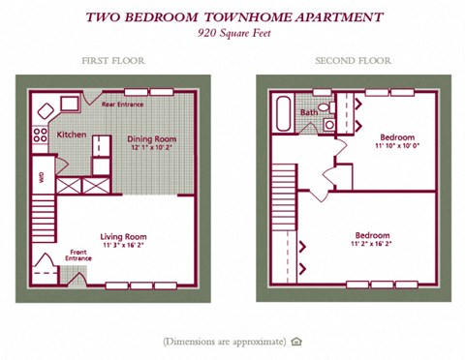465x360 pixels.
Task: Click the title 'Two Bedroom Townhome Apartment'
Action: point(233,16)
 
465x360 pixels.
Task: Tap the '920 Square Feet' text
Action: point(233,32)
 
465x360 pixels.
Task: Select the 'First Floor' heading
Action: point(113,61)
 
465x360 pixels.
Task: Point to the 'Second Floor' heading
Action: point(353,61)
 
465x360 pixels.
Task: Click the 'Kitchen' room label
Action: point(72,135)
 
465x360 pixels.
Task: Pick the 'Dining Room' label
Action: point(152,139)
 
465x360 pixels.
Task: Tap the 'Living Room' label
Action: point(123,236)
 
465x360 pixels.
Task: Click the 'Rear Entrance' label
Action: point(123,104)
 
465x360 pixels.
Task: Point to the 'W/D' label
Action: point(41,177)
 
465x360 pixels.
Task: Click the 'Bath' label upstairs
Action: point(308,112)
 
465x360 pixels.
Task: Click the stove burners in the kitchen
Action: point(41,135)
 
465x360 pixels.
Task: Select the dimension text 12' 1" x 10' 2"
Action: point(152,149)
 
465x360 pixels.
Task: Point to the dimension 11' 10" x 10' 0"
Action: point(396,146)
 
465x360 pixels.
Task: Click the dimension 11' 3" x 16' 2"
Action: point(123,246)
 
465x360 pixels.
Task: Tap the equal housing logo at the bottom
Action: point(297,341)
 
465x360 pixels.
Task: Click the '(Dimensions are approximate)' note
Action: point(225,341)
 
